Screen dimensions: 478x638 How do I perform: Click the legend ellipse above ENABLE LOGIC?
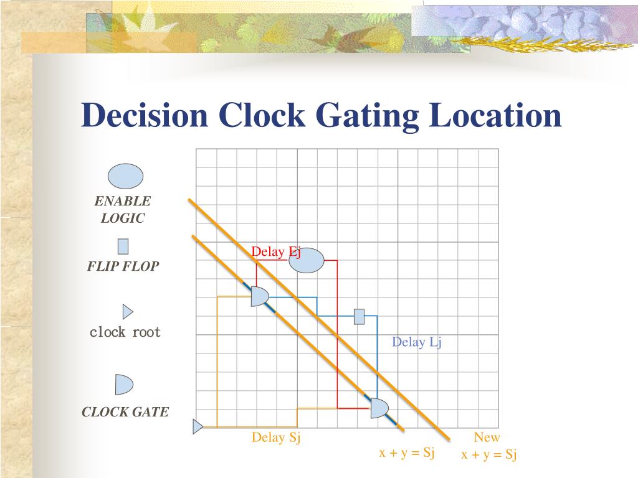125,176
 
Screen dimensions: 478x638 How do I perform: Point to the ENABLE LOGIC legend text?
123,210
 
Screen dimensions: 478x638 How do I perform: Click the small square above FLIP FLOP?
123,246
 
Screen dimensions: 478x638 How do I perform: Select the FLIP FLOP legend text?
123,266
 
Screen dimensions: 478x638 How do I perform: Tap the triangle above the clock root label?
127,312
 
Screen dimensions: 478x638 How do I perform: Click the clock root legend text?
125,332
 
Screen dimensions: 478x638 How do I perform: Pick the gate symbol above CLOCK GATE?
123,385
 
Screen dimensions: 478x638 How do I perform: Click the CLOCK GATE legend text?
125,412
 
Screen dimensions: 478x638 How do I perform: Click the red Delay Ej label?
276,251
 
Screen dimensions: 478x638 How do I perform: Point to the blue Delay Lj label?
417,342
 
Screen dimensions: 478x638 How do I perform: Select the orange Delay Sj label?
276,438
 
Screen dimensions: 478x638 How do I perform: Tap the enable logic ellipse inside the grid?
307,261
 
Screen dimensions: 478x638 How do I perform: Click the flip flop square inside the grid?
359,316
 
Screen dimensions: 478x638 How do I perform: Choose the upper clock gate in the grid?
259,296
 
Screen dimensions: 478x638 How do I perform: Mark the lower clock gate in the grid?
379,408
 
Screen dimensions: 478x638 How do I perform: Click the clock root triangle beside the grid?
198,427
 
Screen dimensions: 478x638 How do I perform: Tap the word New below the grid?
487,438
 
